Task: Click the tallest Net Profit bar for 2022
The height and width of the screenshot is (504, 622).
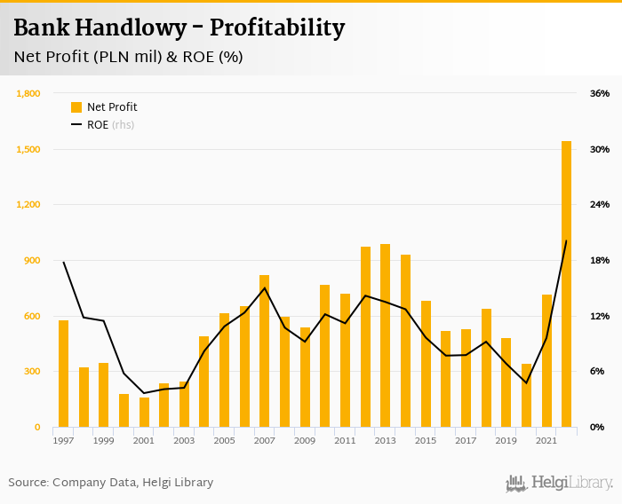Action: pos(566,284)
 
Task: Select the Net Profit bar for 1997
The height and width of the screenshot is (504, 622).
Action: pos(63,374)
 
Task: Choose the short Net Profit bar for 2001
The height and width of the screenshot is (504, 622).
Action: pos(144,413)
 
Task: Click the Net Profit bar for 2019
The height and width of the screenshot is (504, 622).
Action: pos(506,382)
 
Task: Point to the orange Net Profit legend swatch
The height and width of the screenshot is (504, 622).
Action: pos(76,107)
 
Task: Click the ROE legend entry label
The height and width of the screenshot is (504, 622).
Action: pos(97,125)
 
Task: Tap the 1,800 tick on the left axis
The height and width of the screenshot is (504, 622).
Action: pos(28,93)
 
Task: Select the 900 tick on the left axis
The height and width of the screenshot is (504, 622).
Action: pos(33,260)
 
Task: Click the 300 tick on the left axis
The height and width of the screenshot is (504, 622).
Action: pos(33,372)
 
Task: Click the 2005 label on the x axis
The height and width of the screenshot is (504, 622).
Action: pos(224,441)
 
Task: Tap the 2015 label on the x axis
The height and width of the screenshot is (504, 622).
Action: pos(425,441)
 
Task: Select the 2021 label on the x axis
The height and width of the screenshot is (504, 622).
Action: pos(546,441)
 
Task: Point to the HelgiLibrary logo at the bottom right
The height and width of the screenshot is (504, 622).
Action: pos(560,483)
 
